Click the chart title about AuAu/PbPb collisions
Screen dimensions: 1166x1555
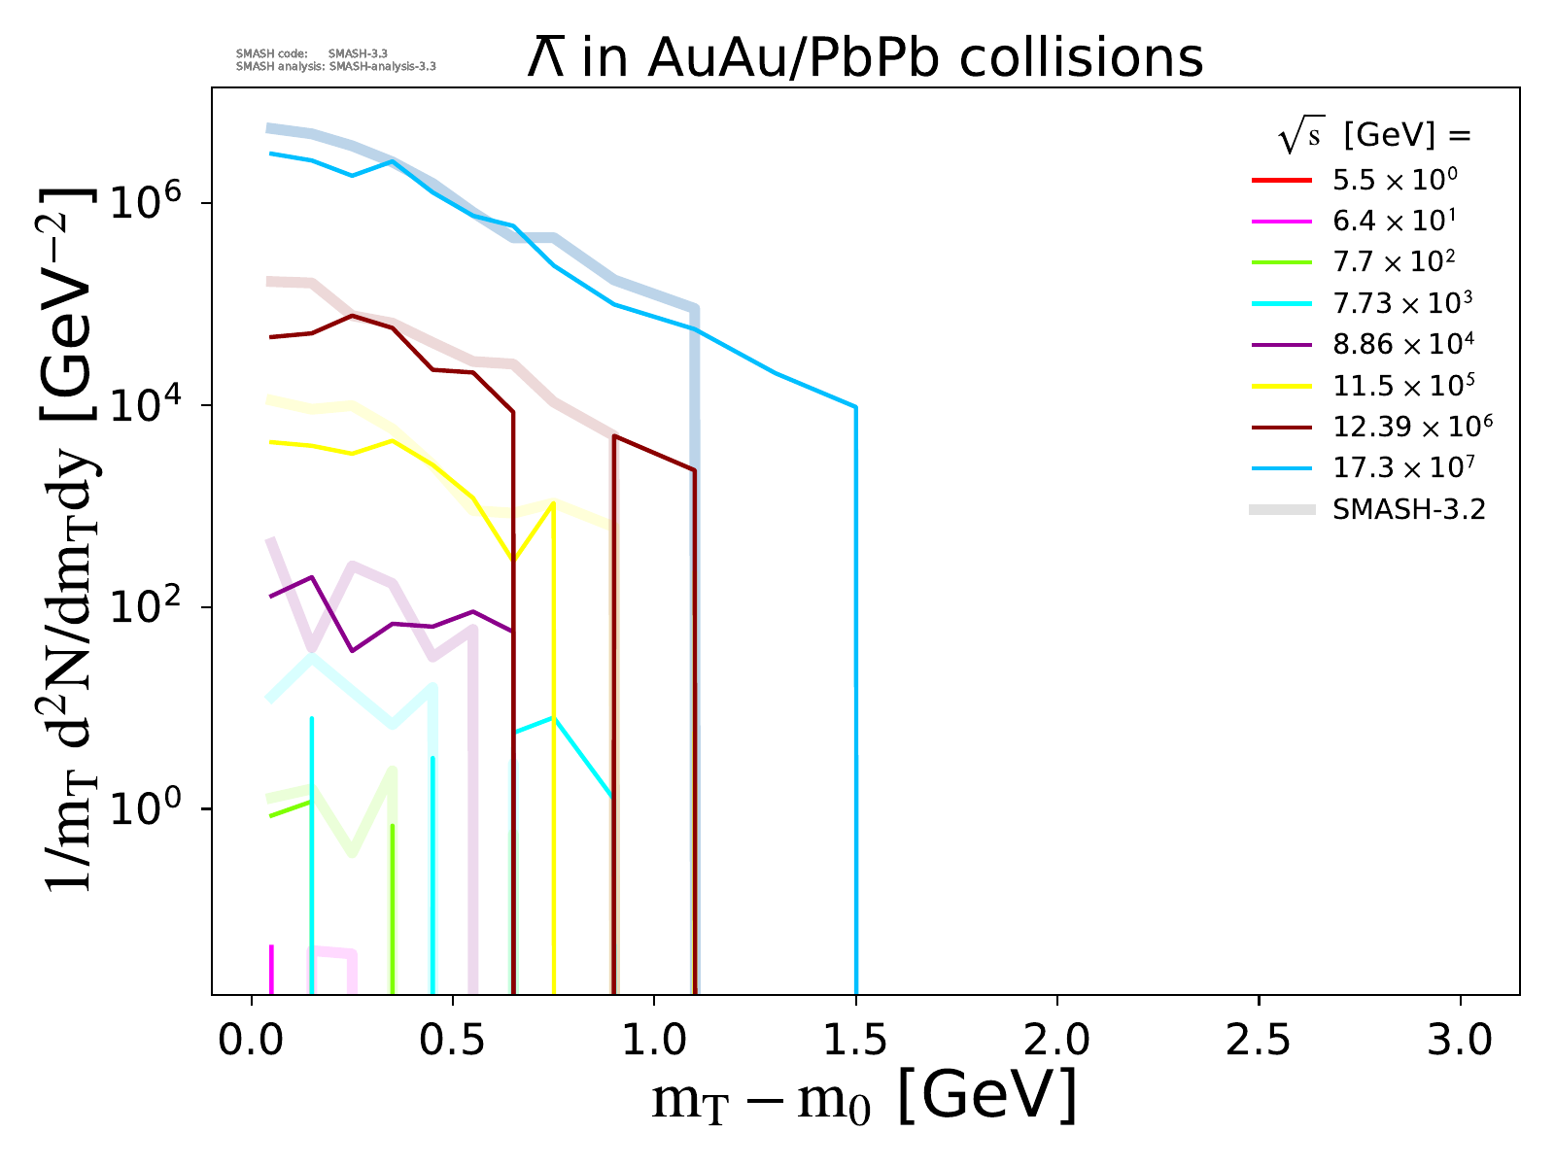click(x=865, y=58)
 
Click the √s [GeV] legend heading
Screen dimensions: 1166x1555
click(x=1374, y=137)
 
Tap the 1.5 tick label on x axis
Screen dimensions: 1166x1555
click(x=855, y=1040)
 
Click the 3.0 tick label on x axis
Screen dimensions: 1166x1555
click(x=1460, y=1040)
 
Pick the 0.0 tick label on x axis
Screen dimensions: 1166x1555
click(x=252, y=1040)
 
